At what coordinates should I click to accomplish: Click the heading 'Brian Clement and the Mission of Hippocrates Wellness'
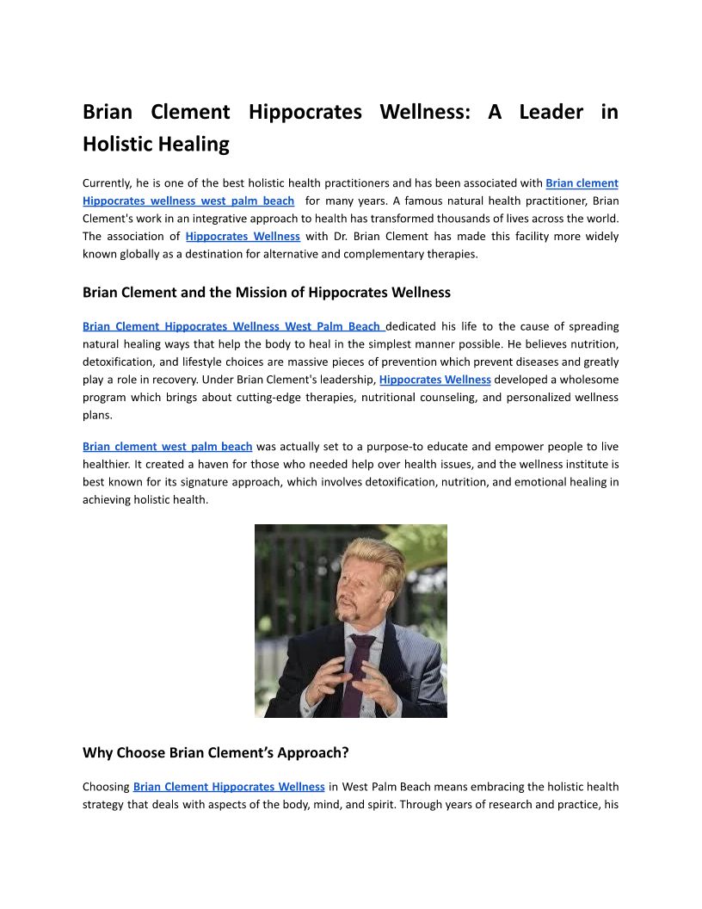[x=267, y=292]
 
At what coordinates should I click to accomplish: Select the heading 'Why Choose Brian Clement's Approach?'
[x=215, y=752]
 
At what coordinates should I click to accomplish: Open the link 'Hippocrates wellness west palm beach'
[x=188, y=201]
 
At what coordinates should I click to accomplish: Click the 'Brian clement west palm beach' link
[x=167, y=446]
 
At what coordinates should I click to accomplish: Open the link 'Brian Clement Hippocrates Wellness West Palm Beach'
[x=232, y=326]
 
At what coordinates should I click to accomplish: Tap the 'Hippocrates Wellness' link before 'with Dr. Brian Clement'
[x=243, y=236]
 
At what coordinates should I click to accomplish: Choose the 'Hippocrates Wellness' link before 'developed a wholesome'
[x=434, y=379]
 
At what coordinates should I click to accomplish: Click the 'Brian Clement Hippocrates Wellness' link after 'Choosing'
[x=229, y=786]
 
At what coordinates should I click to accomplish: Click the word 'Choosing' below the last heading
[x=106, y=786]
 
